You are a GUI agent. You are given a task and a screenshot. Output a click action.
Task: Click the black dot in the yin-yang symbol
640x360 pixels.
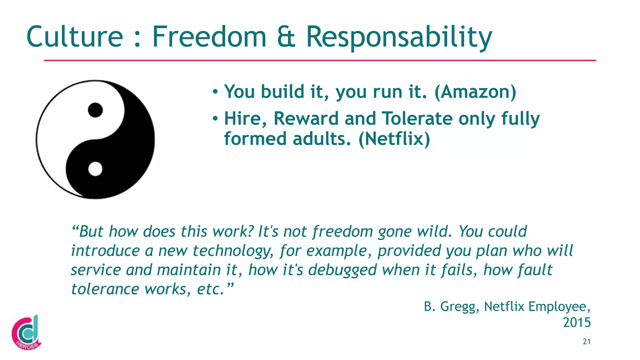point(95,110)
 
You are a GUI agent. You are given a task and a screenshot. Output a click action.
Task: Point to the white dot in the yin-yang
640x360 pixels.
point(95,169)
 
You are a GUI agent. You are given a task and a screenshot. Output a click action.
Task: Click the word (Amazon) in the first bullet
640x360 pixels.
point(475,92)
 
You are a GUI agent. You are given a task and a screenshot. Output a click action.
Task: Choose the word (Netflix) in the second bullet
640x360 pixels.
point(394,139)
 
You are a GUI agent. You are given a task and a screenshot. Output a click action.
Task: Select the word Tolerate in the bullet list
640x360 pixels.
point(417,119)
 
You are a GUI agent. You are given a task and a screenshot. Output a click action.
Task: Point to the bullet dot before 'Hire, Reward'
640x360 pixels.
point(215,119)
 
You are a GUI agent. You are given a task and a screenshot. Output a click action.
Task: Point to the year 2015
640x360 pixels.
point(577,322)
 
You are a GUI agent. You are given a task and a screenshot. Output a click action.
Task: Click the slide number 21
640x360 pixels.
point(587,342)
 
